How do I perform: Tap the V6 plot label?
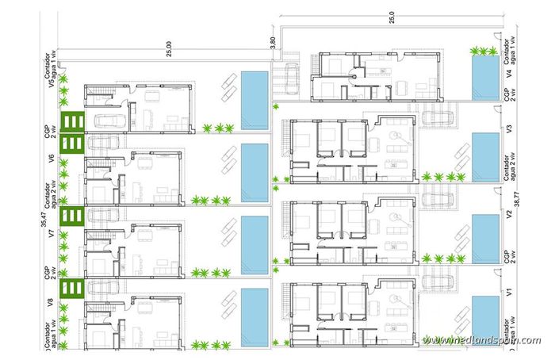click(51, 159)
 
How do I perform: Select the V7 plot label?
click(51, 235)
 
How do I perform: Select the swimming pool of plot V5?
click(254, 99)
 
